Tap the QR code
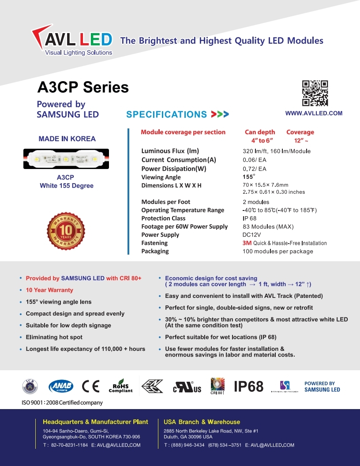pos(315,93)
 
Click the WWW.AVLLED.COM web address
pos(314,113)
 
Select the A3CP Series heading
pos(83,87)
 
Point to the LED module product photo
pos(67,159)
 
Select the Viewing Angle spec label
pos(161,177)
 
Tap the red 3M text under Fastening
pos(247,243)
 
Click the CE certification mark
pos(90,386)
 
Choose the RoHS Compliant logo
pos(120,386)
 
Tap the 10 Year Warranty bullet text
pos(49,290)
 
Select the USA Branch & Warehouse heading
pos(202,422)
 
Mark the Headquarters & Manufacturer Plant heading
pos(95,422)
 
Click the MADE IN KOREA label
pos(67,139)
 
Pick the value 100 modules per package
pos(277,252)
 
